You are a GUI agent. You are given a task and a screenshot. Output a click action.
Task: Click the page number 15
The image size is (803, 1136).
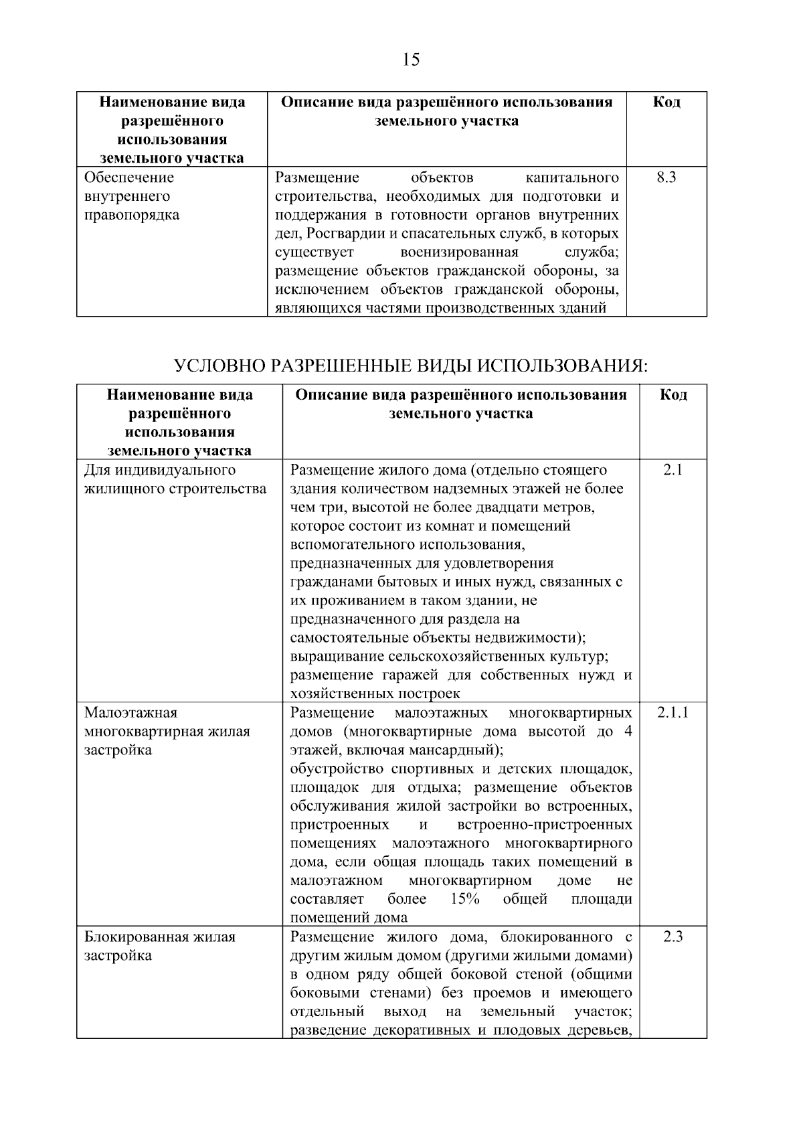(x=411, y=60)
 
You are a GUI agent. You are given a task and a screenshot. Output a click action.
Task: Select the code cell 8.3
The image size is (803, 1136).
(x=666, y=178)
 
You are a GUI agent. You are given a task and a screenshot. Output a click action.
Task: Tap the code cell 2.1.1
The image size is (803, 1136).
(x=673, y=712)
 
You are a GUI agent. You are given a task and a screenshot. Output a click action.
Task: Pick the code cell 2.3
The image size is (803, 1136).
(x=673, y=937)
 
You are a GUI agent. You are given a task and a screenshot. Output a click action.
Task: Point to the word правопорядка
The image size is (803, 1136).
(x=132, y=216)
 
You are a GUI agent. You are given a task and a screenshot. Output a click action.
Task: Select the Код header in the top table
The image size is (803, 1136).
(x=666, y=102)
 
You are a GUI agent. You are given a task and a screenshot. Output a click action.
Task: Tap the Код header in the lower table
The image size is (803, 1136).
(x=673, y=394)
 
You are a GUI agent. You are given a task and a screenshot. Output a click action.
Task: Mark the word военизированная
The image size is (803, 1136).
(x=459, y=253)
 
